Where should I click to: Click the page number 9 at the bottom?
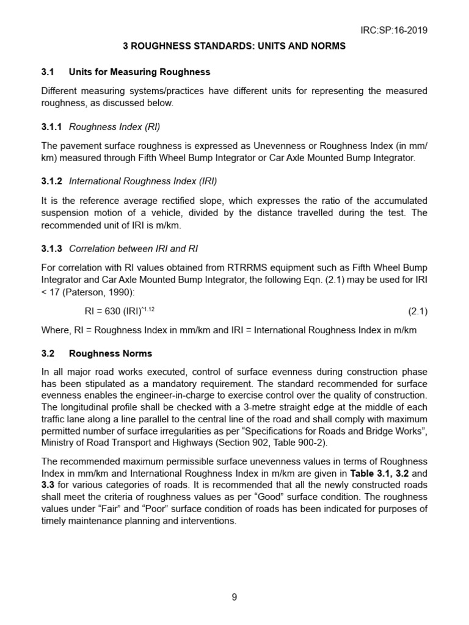pyautogui.click(x=234, y=598)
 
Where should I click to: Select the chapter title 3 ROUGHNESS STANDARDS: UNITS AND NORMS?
pyautogui.click(x=234, y=46)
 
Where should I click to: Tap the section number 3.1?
pyautogui.click(x=48, y=72)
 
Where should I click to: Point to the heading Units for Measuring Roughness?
pyautogui.click(x=139, y=72)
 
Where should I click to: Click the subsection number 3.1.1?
pyautogui.click(x=51, y=127)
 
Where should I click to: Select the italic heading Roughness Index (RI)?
pyautogui.click(x=114, y=127)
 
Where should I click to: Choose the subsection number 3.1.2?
pyautogui.click(x=51, y=181)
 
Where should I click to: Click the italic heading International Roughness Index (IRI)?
pyautogui.click(x=143, y=181)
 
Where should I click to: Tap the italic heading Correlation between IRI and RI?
pyautogui.click(x=133, y=248)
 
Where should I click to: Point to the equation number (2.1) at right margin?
pyautogui.click(x=418, y=311)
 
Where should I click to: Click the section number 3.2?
pyautogui.click(x=48, y=353)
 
